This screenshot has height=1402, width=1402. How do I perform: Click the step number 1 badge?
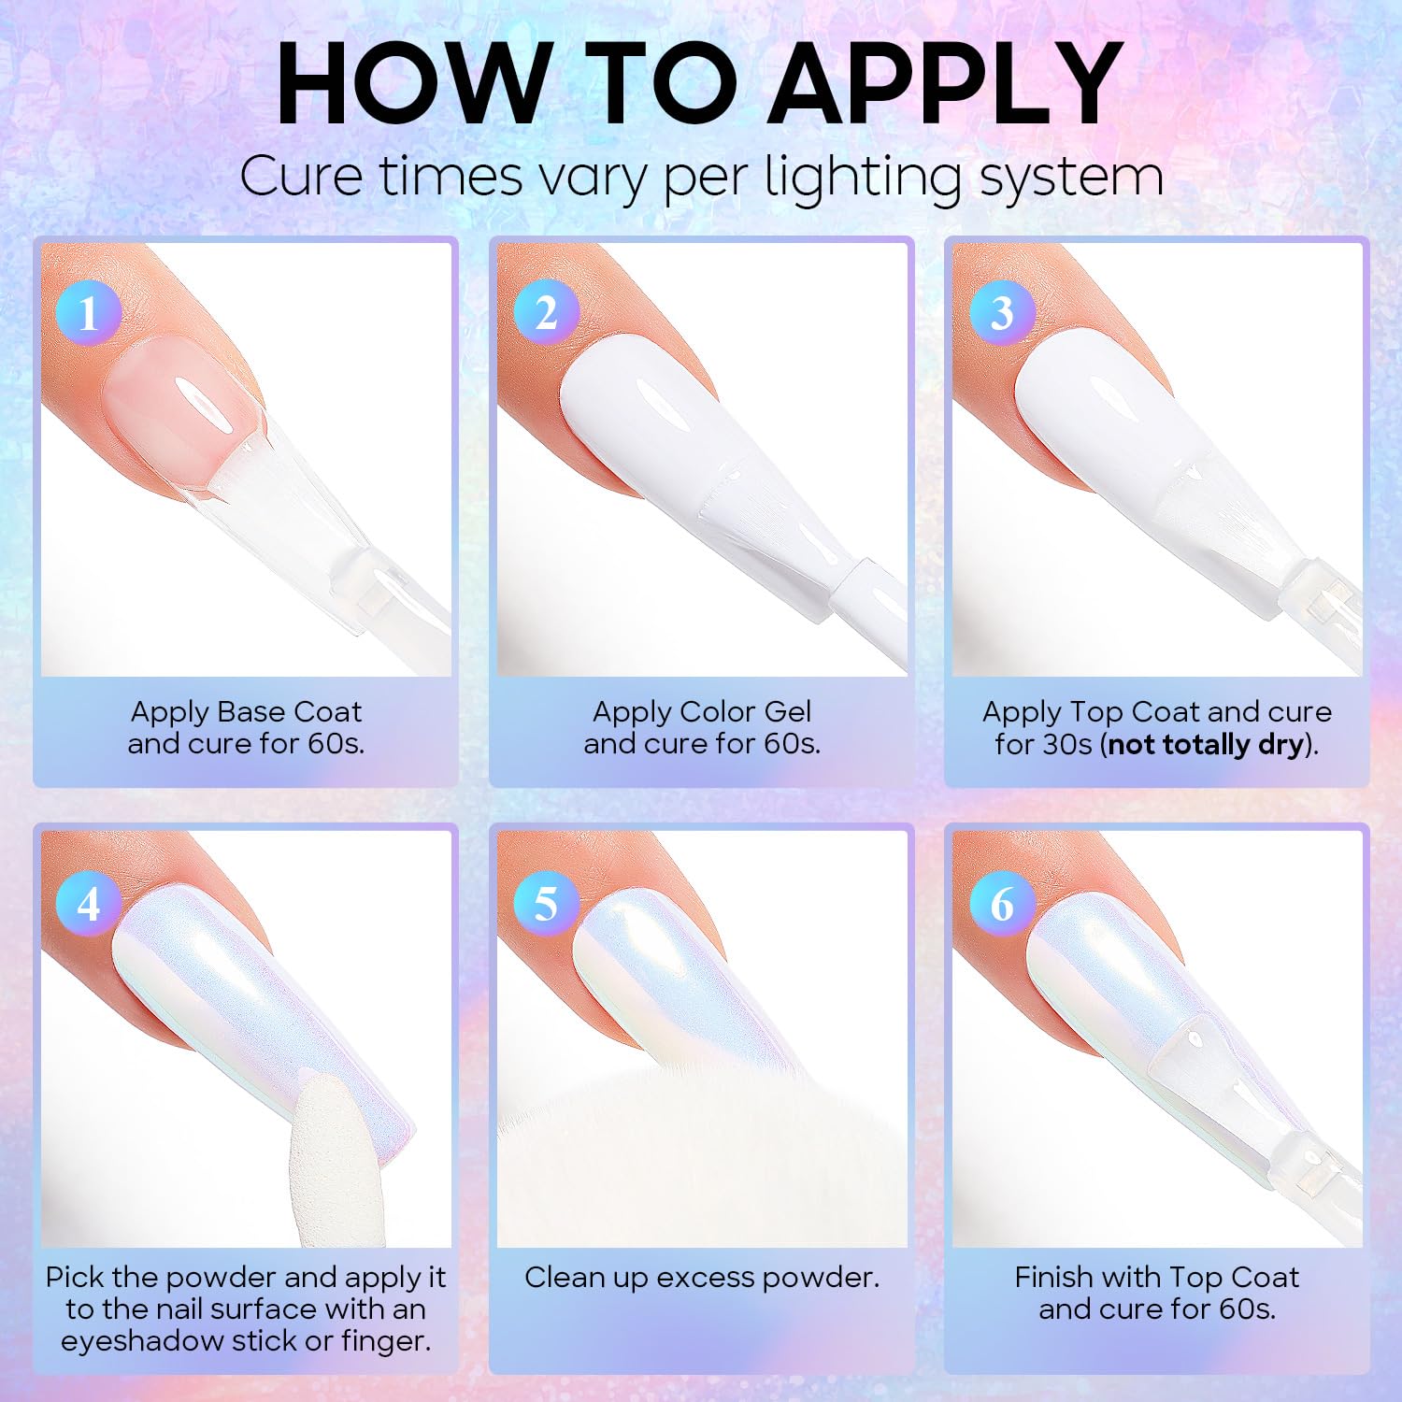click(88, 312)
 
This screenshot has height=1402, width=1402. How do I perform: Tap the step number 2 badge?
click(546, 312)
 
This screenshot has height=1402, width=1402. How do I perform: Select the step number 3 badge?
click(1002, 312)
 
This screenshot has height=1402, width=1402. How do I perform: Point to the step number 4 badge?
click(88, 904)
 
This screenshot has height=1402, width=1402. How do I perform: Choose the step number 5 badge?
click(546, 904)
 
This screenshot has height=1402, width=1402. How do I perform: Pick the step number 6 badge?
click(1002, 904)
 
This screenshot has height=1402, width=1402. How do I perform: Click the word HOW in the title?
click(415, 83)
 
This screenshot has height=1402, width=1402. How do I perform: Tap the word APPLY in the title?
click(948, 83)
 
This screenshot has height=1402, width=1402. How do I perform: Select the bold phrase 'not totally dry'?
click(1206, 744)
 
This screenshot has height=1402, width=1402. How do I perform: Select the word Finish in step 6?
click(1053, 1277)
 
